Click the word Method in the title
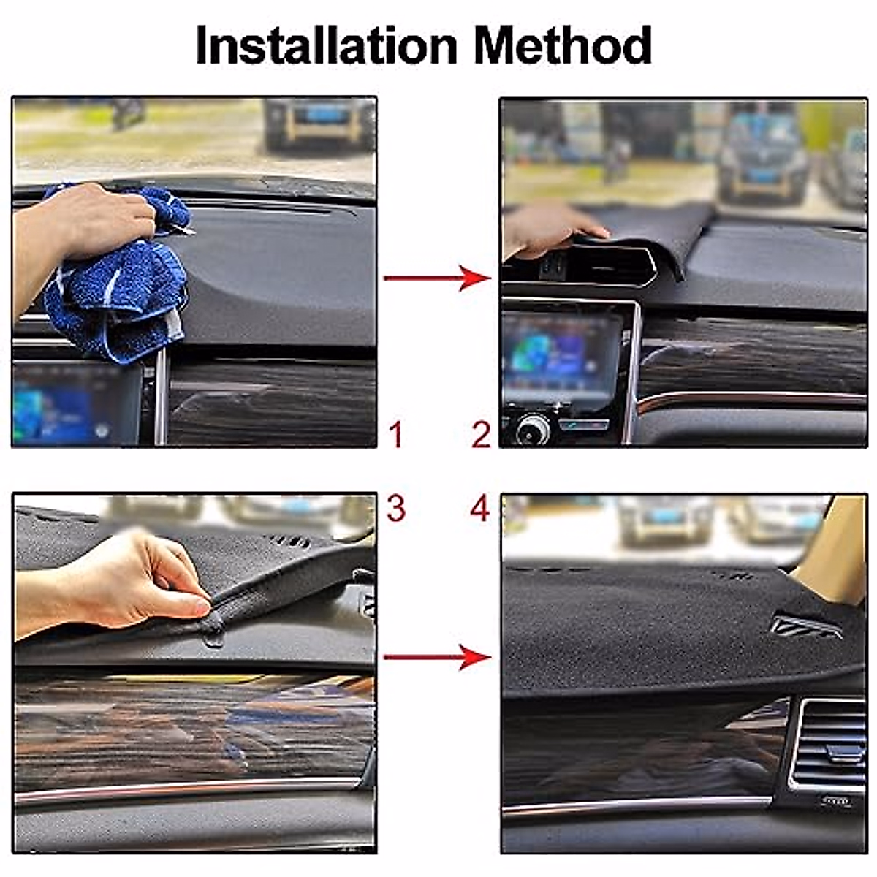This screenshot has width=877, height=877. [x=562, y=45]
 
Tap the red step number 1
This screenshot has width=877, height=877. [x=396, y=435]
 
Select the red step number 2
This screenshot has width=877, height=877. [x=480, y=435]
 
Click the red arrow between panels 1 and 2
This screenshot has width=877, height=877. [x=437, y=278]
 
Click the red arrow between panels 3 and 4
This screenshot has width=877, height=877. [x=437, y=657]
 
